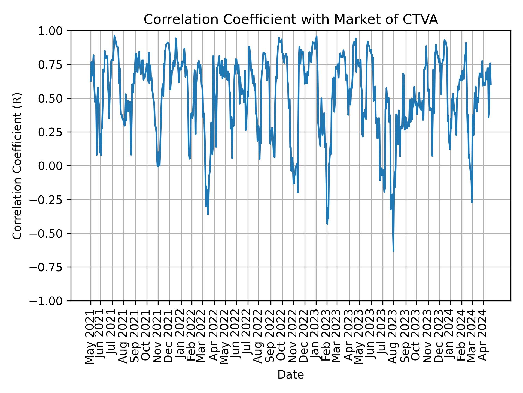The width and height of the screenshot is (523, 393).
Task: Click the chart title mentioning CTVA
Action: (291, 20)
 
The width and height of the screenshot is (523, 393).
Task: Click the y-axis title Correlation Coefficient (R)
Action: (17, 166)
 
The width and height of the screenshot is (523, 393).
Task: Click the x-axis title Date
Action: (291, 375)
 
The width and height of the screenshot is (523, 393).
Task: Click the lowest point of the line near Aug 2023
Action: (393, 251)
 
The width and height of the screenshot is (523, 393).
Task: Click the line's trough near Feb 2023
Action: (327, 224)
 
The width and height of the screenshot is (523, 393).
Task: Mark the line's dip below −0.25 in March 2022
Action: (208, 214)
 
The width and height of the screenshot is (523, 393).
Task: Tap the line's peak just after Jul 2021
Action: (114, 35)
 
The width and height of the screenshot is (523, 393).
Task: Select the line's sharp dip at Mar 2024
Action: (472, 202)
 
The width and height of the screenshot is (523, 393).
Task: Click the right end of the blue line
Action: (491, 85)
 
